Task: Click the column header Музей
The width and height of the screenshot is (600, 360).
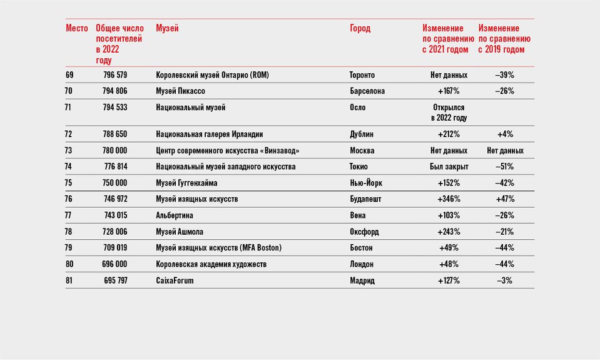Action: pos(167,28)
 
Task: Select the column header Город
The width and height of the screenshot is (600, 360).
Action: pos(360,28)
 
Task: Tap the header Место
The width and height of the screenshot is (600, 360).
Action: pos(77,28)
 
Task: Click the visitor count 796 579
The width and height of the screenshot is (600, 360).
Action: pos(115,75)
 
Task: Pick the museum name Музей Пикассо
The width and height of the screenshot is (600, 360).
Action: pos(180,91)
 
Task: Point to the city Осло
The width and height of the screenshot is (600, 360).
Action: pos(358,107)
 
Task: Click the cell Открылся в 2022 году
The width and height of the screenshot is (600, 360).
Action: pos(449,113)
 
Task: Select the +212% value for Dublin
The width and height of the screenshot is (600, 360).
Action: pos(449,134)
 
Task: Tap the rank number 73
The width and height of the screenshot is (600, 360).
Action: pos(68,150)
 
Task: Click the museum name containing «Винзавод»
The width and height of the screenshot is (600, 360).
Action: pos(228,150)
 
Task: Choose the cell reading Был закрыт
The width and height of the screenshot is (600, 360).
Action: pos(449,167)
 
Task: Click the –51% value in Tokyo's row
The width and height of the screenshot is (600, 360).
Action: pos(505,167)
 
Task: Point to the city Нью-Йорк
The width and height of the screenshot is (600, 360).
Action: pos(366,183)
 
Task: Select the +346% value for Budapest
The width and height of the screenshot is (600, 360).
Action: pos(449,199)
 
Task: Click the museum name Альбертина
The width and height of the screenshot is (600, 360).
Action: pos(175,215)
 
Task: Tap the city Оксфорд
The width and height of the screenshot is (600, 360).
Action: pos(364,232)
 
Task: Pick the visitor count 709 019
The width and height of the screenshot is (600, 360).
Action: pos(115,248)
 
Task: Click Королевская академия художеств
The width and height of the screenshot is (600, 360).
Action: pos(211,264)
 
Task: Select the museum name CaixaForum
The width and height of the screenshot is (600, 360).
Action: pos(175,280)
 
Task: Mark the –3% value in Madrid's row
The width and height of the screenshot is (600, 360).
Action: pos(505,280)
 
